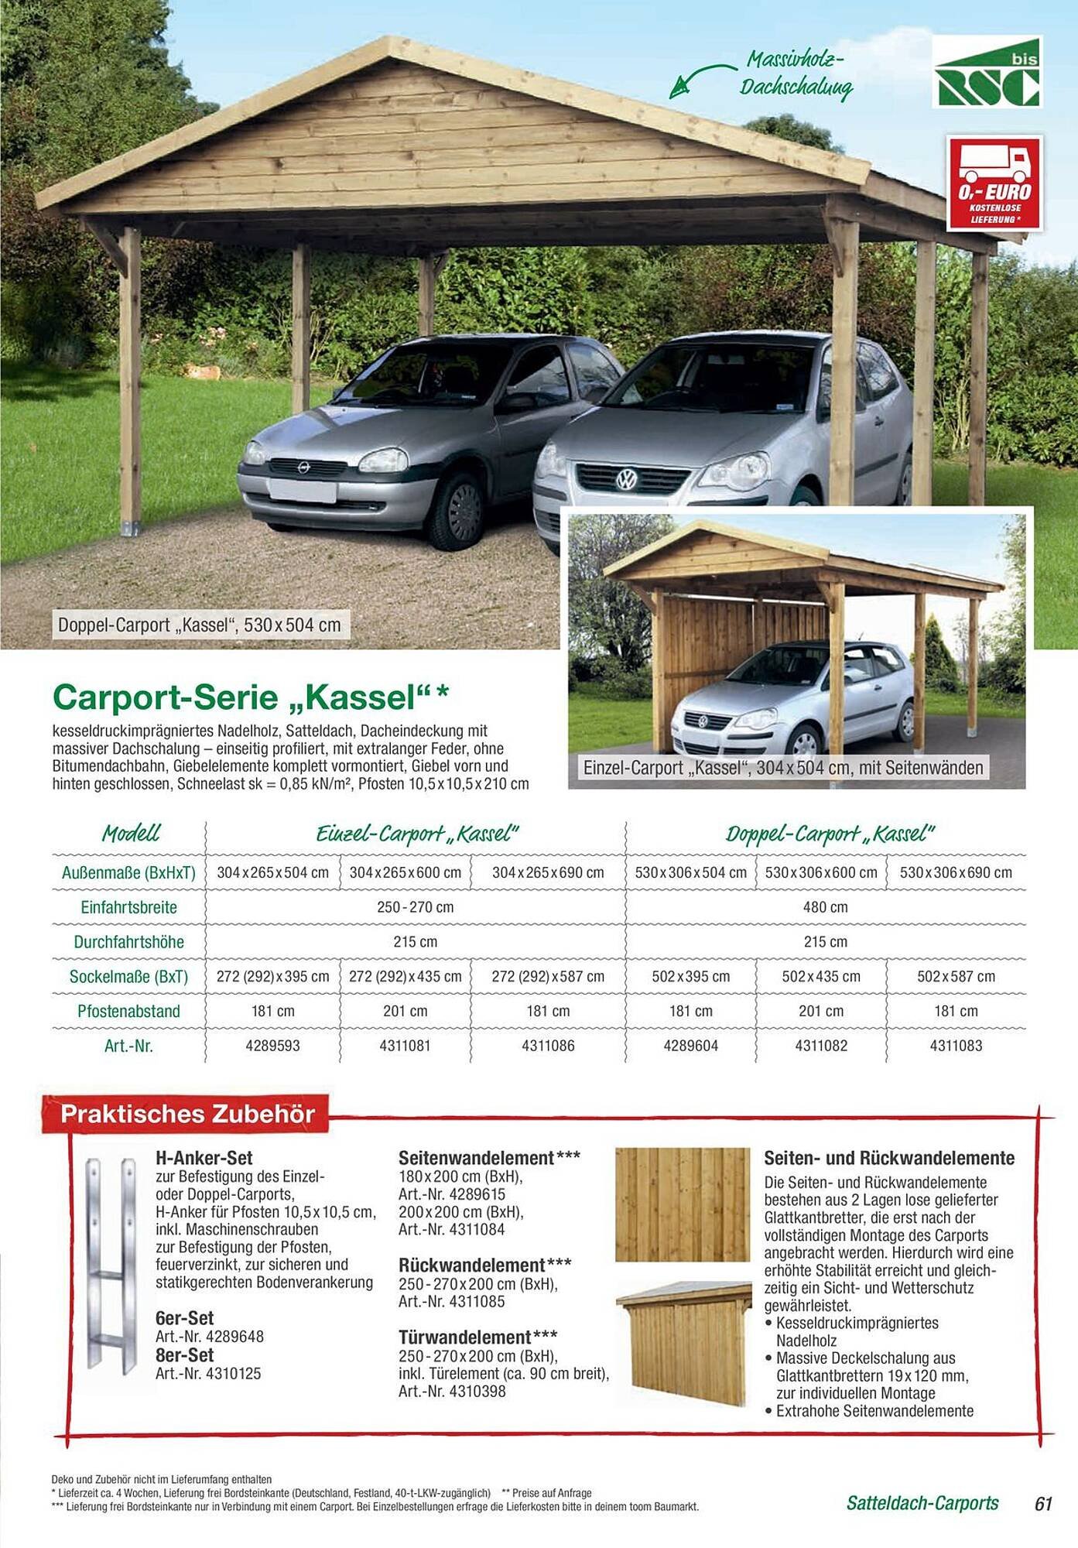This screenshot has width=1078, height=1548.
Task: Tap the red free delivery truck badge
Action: (994, 183)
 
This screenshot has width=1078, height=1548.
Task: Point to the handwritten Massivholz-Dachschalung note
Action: (796, 74)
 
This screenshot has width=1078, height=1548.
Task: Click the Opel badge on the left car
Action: (303, 467)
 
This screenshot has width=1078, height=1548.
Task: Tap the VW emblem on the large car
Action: (625, 481)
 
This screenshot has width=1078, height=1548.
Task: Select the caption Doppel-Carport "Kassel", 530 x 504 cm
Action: (200, 625)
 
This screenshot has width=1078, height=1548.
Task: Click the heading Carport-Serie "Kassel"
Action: (250, 697)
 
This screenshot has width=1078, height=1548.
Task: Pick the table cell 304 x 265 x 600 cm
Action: (405, 872)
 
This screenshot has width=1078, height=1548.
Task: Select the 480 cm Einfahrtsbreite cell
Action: (825, 907)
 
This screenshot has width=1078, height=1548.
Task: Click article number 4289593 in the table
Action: (272, 1046)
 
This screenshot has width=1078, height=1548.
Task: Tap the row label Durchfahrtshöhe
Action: (128, 942)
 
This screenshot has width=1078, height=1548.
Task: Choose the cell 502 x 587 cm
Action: (956, 976)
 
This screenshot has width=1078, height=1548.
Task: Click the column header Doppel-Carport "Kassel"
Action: (830, 834)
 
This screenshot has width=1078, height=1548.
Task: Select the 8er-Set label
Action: (185, 1354)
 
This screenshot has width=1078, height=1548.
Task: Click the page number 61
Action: (1043, 1503)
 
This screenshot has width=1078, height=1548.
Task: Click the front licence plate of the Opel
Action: (303, 490)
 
